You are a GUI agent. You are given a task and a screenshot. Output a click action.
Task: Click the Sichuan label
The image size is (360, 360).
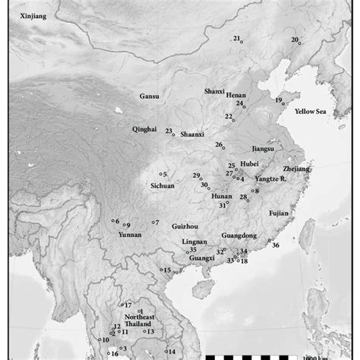pos(163,185)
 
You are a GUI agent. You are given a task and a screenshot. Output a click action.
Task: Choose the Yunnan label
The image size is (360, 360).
pos(131,235)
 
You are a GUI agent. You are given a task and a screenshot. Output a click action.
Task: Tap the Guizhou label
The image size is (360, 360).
pos(185,226)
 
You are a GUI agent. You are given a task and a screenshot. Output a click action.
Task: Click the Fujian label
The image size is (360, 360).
pos(280,213)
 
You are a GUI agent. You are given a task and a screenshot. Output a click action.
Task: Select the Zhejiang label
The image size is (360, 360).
pos(296,168)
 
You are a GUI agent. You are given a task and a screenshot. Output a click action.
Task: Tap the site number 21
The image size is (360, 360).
pos(236,38)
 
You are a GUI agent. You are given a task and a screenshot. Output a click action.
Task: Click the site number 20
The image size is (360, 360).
pos(295,39)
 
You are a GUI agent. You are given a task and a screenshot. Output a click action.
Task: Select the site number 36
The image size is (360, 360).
pos(276,245)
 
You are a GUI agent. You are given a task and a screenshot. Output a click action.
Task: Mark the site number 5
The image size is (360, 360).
pos(164,175)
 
